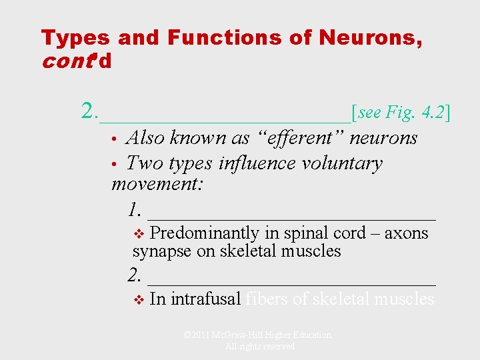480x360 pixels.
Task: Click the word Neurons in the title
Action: [x=370, y=39]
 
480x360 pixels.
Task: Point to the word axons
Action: [x=407, y=233]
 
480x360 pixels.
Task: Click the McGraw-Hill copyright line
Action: [x=257, y=335]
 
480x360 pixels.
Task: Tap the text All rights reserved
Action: [x=259, y=347]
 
